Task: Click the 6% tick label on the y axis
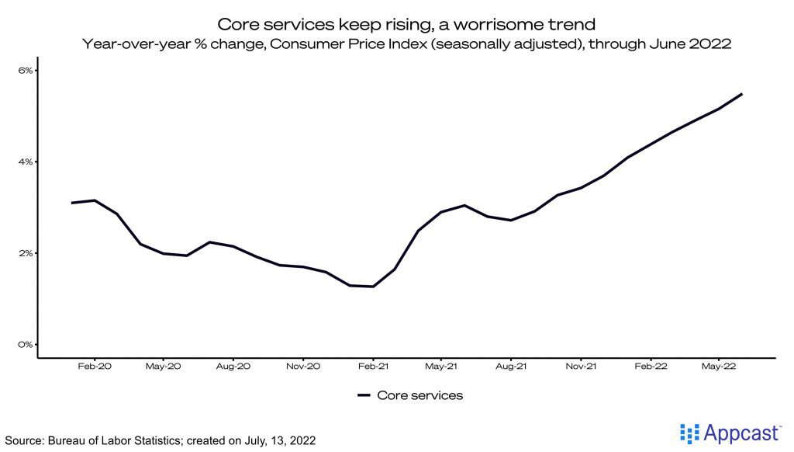coord(26,71)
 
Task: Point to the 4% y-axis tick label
coord(26,162)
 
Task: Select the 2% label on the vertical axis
coord(26,253)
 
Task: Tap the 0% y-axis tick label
coord(26,345)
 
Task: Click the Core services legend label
coord(419,395)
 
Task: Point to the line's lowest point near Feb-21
coord(373,287)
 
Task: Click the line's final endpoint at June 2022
coord(742,94)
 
